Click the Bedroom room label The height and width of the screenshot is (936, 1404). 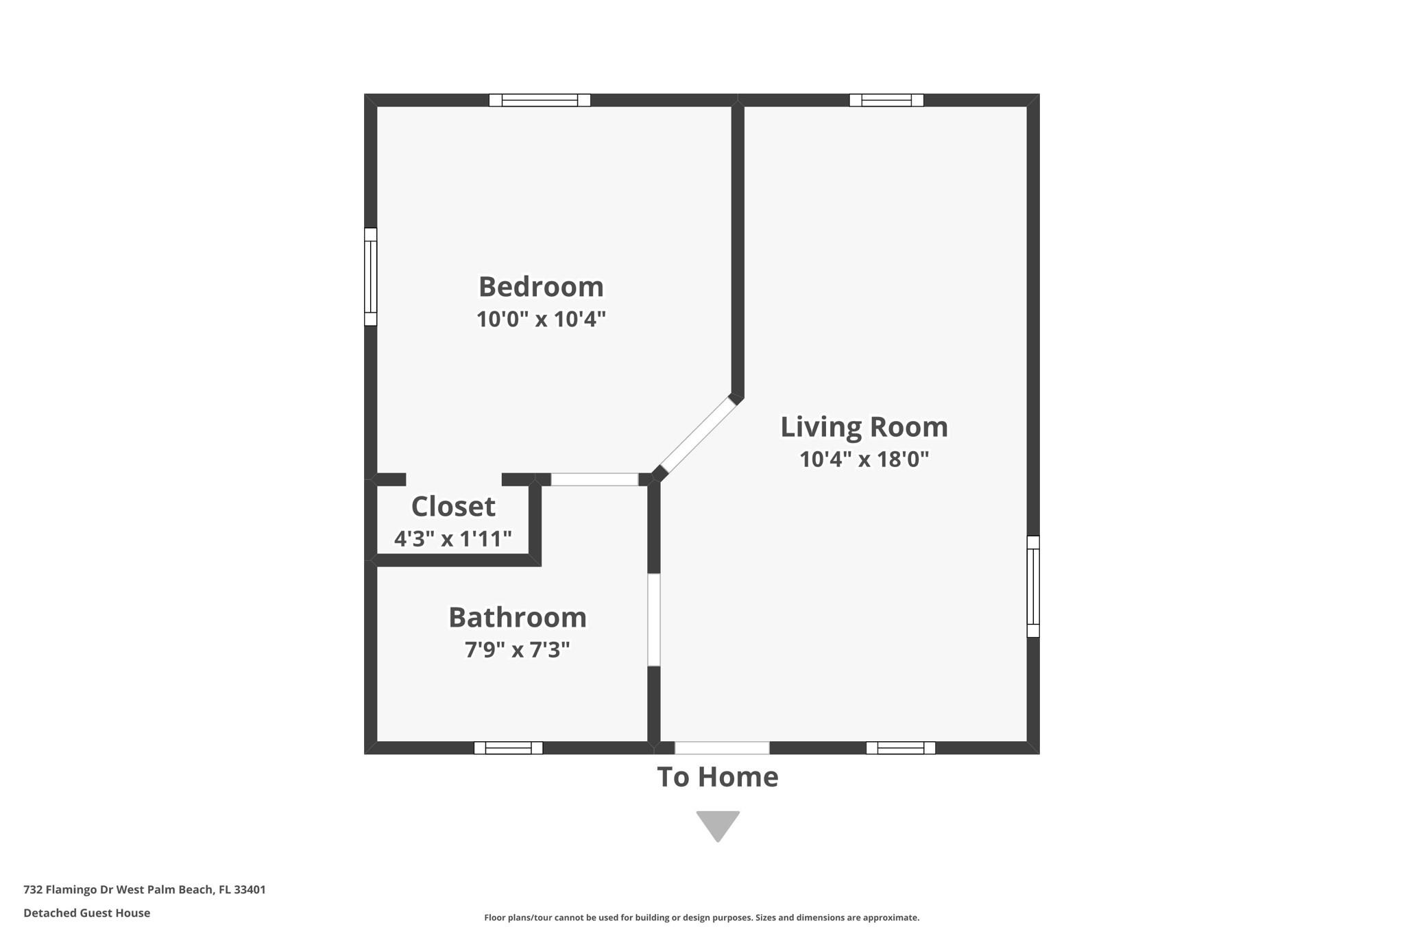coord(541,287)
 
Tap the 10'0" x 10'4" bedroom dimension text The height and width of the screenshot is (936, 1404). coord(541,319)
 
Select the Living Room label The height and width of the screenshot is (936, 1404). coord(864,427)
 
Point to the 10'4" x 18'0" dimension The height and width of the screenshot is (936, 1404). coord(864,459)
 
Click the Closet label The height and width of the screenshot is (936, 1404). coord(453,507)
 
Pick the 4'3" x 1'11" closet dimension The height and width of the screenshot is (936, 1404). coord(453,538)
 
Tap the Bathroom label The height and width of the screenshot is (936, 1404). coord(518,617)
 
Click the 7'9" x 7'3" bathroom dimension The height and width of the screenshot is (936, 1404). coord(518,649)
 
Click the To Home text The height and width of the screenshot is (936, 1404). coord(717,777)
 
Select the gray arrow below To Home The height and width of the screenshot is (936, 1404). coord(718,824)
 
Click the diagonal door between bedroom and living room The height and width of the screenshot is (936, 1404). coord(698,436)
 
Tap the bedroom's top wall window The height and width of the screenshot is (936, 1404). coord(540,100)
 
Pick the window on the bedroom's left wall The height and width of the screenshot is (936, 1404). coord(370,276)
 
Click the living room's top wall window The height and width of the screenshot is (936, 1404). coord(886,100)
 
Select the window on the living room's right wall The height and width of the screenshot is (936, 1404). coord(1033,586)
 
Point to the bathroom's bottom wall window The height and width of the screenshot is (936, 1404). coord(508,747)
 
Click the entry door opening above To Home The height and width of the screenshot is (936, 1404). coord(722,747)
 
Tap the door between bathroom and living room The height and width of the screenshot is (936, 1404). coord(654,619)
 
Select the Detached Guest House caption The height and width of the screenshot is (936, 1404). coord(86,913)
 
